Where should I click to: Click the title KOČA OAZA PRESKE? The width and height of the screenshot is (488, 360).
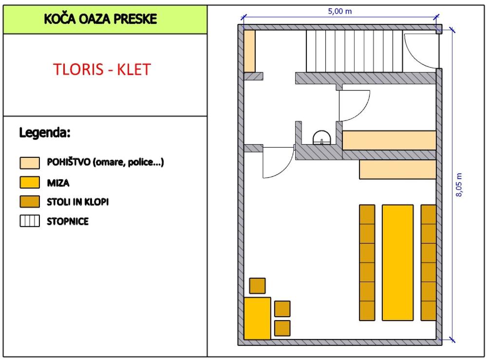[x=100, y=19]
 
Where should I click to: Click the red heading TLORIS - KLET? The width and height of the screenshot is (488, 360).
[x=102, y=70]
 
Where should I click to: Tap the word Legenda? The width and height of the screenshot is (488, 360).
[x=45, y=133]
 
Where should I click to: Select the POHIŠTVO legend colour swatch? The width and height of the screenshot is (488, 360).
[x=30, y=163]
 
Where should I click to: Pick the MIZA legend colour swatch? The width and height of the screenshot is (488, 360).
[x=30, y=182]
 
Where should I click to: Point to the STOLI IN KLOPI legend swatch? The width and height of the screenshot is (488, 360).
[x=30, y=202]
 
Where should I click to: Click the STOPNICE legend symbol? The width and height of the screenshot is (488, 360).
[x=30, y=221]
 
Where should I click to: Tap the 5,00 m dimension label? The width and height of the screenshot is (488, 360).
[x=340, y=11]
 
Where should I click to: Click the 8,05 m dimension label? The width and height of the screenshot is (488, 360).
[x=459, y=185]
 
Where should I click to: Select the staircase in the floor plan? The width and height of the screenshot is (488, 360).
[x=354, y=51]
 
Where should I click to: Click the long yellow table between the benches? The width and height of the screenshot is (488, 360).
[x=398, y=263]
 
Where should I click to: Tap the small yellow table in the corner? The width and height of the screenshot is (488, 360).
[x=257, y=318]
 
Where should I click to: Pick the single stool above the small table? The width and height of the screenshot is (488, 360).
[x=257, y=286]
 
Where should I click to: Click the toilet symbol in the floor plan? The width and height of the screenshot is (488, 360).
[x=321, y=137]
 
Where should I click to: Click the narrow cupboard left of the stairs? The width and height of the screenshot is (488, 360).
[x=249, y=51]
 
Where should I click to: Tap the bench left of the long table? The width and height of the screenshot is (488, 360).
[x=367, y=263]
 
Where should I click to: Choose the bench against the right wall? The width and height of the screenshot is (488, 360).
[x=429, y=263]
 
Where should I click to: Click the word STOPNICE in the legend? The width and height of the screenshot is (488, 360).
[x=68, y=222]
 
